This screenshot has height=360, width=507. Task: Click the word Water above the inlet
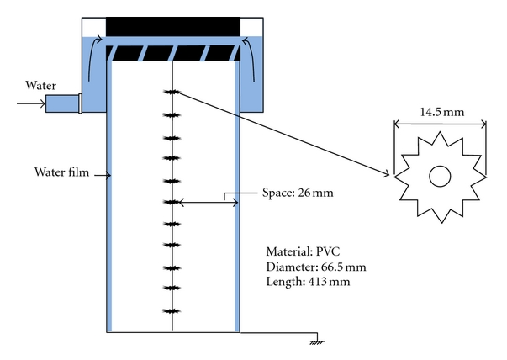(x=40, y=86)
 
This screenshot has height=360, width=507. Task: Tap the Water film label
(x=61, y=172)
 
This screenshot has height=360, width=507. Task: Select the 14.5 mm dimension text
(x=442, y=112)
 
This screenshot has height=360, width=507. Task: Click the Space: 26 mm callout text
(x=298, y=193)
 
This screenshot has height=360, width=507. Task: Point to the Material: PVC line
(x=303, y=251)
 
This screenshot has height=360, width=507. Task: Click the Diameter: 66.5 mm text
(x=316, y=267)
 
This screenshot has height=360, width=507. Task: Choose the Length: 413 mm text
(x=308, y=282)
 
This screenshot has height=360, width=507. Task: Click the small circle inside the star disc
(x=440, y=177)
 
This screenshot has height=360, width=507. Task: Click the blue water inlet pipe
(x=62, y=103)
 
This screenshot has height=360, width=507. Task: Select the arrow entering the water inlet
(x=31, y=103)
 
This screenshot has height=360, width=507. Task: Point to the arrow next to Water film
(x=103, y=175)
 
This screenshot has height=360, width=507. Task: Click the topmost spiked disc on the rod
(x=172, y=93)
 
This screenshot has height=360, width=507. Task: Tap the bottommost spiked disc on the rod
(x=172, y=311)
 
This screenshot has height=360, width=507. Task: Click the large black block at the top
(x=173, y=27)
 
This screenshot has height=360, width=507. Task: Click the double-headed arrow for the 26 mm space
(x=209, y=203)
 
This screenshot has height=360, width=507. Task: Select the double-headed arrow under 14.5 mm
(x=440, y=124)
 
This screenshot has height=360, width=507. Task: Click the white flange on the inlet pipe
(x=80, y=103)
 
